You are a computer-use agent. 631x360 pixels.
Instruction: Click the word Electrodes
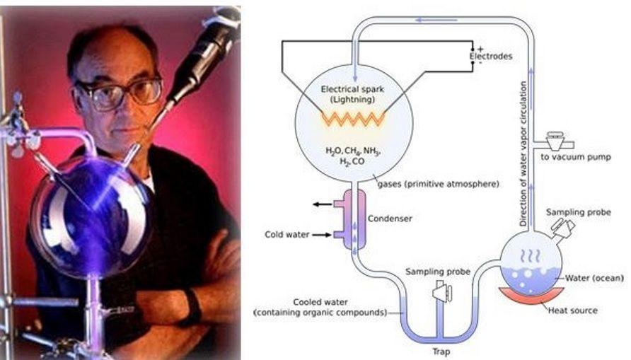491,56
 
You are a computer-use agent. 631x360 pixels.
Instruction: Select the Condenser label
389,219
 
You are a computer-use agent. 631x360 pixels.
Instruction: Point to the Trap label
440,351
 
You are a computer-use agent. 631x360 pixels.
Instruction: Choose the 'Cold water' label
286,234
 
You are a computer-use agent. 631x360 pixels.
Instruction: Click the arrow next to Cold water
322,234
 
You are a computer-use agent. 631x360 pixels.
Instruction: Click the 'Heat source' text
573,310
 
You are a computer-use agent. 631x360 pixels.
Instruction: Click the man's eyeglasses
120,93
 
